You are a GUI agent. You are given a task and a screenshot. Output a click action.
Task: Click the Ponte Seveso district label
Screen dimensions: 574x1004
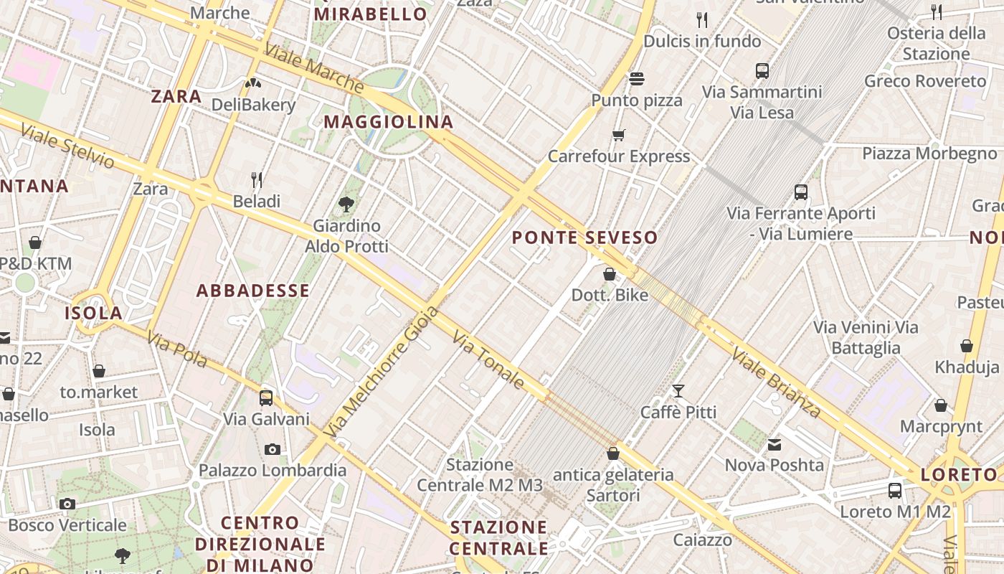(x=584, y=237)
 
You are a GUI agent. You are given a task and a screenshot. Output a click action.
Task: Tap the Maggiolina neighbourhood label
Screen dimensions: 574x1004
(x=389, y=122)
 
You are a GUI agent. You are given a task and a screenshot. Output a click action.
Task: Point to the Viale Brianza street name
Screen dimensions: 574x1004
(x=776, y=382)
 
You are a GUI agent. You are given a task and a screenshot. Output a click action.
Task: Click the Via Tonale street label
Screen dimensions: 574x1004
(x=489, y=359)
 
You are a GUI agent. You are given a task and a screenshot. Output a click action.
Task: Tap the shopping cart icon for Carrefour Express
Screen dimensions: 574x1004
(x=618, y=135)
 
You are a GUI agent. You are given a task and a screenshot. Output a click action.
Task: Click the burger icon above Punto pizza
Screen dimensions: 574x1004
(x=636, y=78)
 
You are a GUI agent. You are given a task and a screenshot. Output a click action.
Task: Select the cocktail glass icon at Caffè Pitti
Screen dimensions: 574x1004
(x=678, y=391)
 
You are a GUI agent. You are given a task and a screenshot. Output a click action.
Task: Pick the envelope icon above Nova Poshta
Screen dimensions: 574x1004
(x=775, y=445)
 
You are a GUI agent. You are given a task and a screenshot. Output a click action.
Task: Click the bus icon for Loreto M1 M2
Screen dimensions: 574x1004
(x=894, y=491)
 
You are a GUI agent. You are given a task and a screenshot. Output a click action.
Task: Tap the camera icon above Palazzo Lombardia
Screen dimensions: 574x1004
(x=272, y=450)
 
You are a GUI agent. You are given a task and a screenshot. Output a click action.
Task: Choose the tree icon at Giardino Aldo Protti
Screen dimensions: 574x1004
(x=346, y=204)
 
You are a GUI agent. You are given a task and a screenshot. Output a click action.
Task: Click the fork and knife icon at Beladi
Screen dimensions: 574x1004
(x=256, y=179)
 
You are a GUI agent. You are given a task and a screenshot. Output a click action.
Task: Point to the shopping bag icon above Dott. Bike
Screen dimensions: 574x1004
(x=609, y=274)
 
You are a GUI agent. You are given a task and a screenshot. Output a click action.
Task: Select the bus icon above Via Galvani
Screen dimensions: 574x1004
(x=266, y=397)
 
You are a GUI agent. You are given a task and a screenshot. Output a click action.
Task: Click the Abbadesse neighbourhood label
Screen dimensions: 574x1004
(x=252, y=291)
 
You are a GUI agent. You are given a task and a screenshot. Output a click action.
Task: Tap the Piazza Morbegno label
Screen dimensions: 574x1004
(x=929, y=154)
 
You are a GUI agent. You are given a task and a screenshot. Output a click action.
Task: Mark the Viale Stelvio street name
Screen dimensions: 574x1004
(x=67, y=146)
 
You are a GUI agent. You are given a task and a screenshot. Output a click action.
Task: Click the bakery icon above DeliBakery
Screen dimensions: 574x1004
(x=252, y=83)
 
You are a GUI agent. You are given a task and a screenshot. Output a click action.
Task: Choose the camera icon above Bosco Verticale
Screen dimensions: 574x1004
(x=67, y=504)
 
